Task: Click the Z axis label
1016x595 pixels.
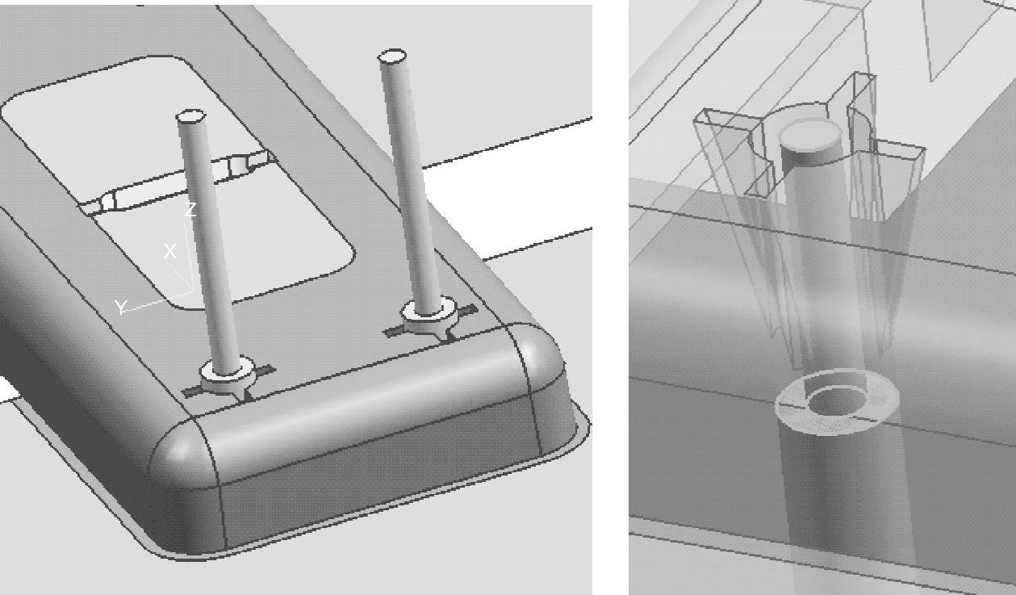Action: point(190,210)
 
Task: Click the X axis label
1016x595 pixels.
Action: point(170,251)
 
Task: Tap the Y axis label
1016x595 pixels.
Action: point(121,307)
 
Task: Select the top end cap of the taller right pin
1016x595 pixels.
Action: point(392,56)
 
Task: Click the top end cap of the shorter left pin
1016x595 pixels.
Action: point(191,115)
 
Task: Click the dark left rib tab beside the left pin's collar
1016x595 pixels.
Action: point(192,391)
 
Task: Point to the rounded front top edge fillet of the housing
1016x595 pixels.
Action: point(363,400)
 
